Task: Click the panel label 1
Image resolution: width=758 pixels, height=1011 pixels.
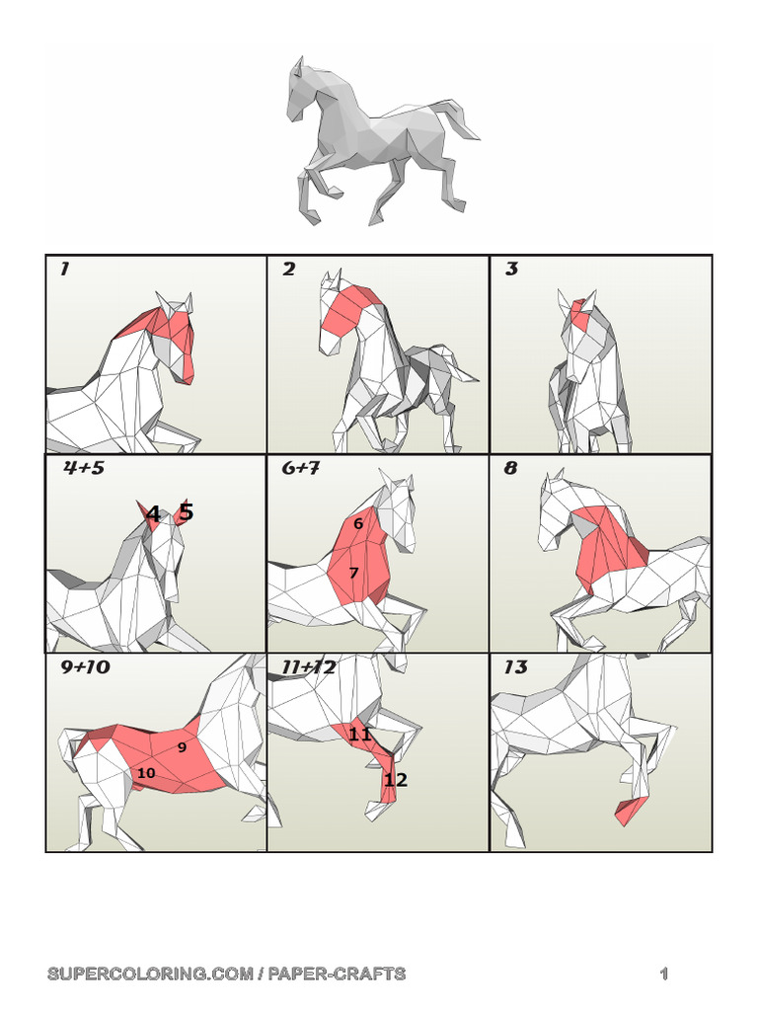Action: (64, 269)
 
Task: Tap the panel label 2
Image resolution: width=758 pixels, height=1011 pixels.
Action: (289, 269)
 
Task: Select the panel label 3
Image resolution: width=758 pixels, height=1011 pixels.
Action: (512, 269)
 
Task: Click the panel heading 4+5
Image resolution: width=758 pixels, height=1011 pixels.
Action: (84, 467)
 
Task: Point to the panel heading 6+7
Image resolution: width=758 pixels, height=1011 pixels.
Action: (301, 467)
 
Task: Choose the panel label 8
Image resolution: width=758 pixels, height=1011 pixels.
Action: (510, 467)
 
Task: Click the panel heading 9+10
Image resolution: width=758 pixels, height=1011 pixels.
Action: (86, 666)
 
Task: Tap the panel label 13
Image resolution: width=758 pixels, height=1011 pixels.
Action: (515, 666)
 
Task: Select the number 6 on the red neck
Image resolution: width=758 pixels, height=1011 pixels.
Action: (358, 523)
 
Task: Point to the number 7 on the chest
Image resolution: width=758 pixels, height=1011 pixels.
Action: (353, 573)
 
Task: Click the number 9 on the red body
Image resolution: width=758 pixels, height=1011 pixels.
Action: (182, 746)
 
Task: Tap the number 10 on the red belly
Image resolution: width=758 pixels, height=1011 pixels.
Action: (146, 772)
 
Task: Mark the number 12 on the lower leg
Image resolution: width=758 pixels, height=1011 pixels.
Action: (396, 780)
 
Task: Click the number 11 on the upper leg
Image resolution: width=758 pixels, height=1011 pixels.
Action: (359, 734)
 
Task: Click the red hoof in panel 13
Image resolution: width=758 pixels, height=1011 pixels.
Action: (631, 810)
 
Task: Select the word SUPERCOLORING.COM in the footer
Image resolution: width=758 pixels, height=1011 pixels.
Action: (150, 973)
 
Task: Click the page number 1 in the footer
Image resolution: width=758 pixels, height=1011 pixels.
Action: (664, 973)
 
